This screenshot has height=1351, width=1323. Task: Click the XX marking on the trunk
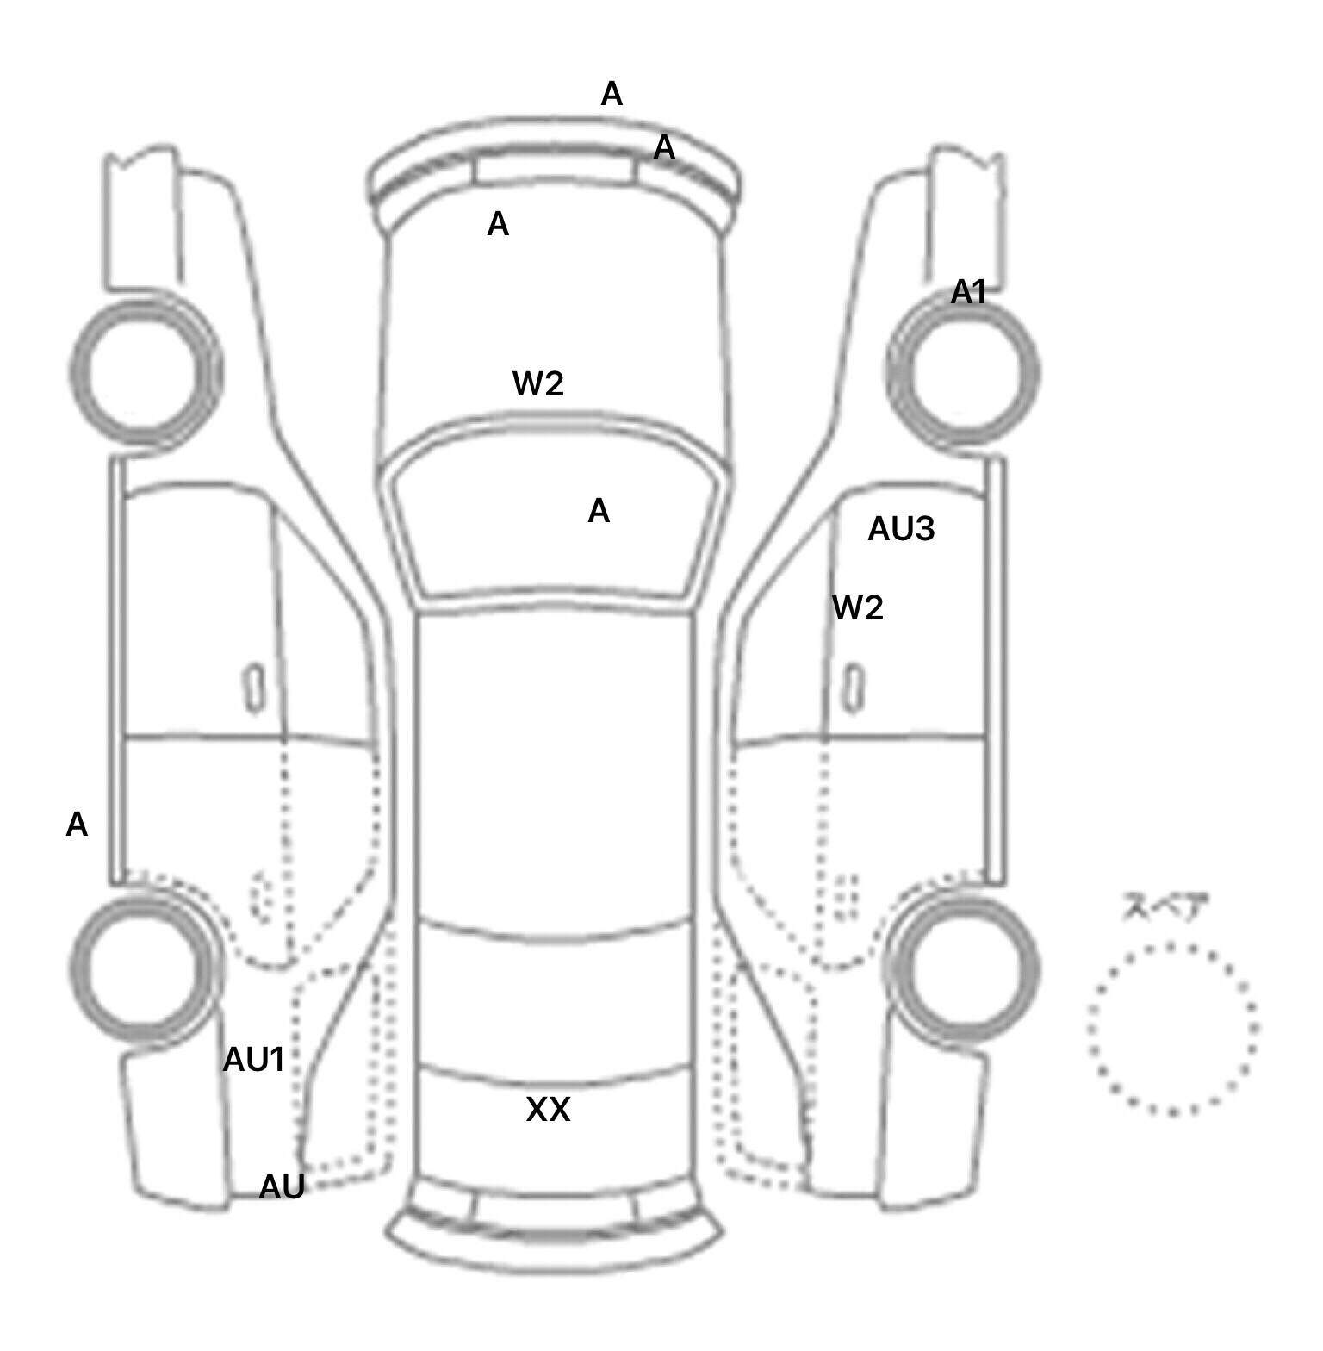[548, 1110]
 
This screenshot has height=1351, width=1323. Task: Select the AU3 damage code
[900, 529]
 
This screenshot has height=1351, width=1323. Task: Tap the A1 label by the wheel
[968, 293]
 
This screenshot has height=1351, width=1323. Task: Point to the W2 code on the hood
[538, 383]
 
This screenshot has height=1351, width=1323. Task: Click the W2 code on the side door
[858, 608]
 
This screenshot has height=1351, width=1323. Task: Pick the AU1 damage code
[253, 1060]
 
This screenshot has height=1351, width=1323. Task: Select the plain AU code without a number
[282, 1187]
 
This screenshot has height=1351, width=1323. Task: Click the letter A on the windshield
[599, 511]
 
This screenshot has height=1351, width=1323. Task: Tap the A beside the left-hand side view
[77, 825]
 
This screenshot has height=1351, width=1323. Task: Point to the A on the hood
[498, 224]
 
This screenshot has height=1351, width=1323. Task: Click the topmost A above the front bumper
[612, 93]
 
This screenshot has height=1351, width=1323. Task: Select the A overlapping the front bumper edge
[664, 147]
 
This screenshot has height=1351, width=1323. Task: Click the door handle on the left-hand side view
[254, 688]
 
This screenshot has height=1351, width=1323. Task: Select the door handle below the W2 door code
[854, 688]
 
